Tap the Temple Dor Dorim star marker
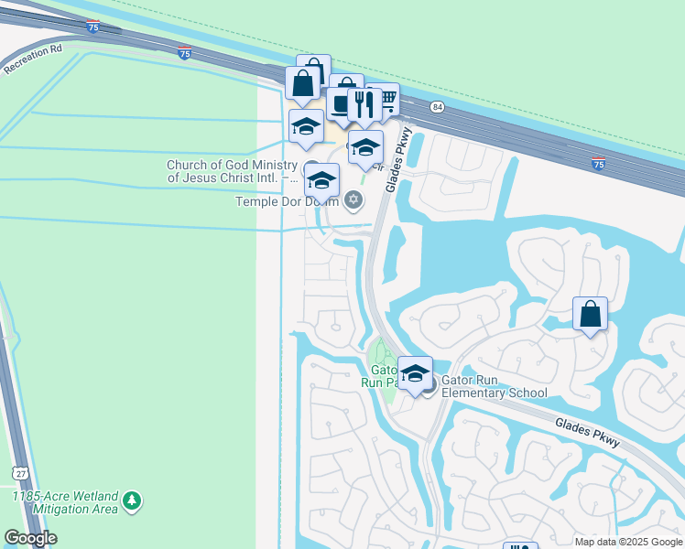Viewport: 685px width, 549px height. pyautogui.click(x=354, y=200)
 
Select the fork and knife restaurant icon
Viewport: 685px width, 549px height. pyautogui.click(x=364, y=104)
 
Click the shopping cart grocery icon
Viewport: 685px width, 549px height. pyautogui.click(x=386, y=98)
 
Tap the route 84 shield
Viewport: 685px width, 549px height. pyautogui.click(x=438, y=107)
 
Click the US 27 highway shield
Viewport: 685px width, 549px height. pyautogui.click(x=20, y=472)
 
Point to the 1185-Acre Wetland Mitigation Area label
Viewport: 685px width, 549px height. pyautogui.click(x=65, y=501)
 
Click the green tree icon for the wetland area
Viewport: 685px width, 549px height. pyautogui.click(x=133, y=501)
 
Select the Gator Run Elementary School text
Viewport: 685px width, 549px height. pyautogui.click(x=495, y=386)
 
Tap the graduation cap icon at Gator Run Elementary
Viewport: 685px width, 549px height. pyautogui.click(x=415, y=372)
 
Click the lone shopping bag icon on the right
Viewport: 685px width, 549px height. pyautogui.click(x=591, y=314)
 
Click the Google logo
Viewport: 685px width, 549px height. pyautogui.click(x=30, y=538)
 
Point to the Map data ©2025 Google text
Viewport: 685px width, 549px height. pyautogui.click(x=627, y=542)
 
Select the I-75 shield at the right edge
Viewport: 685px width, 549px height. pyautogui.click(x=598, y=164)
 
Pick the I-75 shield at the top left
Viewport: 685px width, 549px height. pyautogui.click(x=94, y=27)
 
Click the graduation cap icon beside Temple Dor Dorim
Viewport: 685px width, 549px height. pyautogui.click(x=321, y=178)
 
